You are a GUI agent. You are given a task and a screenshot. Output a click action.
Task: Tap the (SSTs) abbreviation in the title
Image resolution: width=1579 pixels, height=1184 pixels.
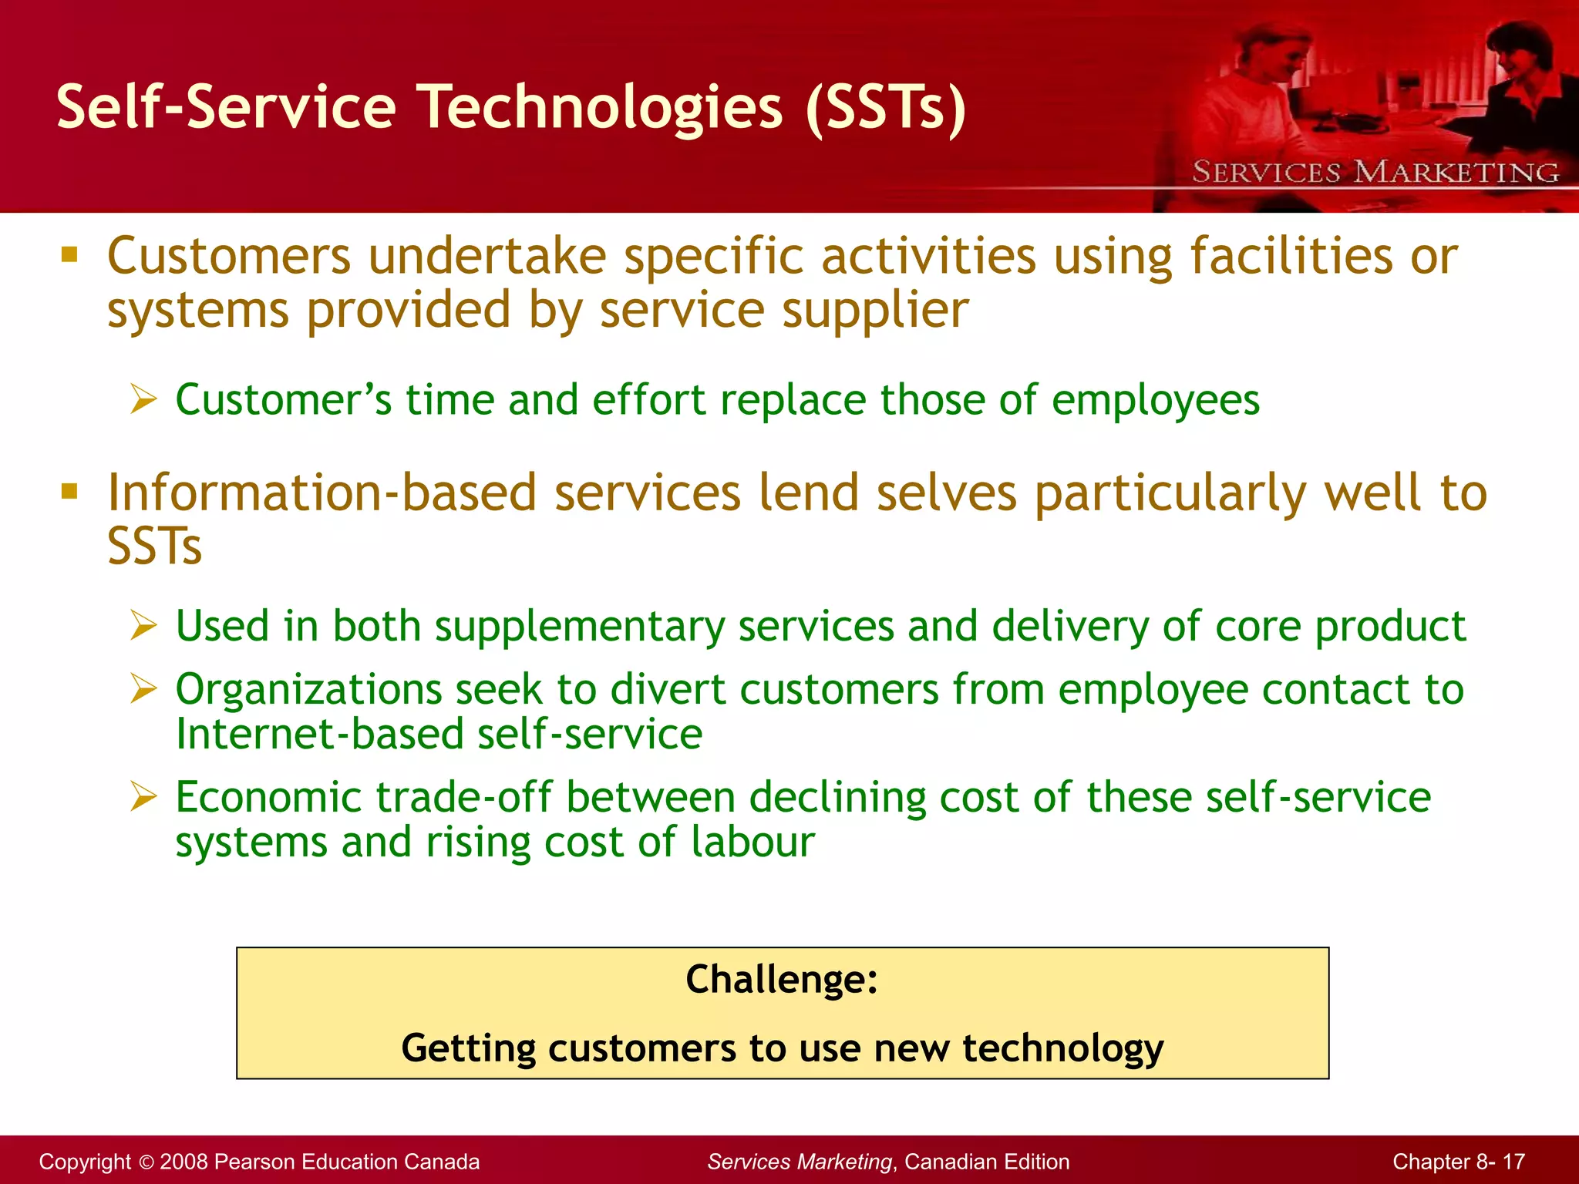point(885,108)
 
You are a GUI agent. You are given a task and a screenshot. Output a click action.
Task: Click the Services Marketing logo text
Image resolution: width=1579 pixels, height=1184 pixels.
point(1375,172)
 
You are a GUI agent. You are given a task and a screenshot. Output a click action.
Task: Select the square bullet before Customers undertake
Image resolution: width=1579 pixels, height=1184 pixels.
point(69,255)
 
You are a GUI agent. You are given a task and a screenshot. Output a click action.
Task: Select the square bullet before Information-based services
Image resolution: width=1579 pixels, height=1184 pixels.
point(69,492)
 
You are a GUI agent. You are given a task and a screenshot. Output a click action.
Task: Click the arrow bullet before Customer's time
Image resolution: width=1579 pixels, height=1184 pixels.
point(143,399)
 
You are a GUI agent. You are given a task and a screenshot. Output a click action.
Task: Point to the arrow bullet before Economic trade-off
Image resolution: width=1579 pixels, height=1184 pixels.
point(143,796)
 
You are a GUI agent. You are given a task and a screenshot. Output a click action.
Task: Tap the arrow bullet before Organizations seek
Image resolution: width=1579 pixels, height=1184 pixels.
point(143,688)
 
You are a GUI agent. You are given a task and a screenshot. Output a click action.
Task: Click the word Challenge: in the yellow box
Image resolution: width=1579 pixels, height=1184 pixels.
point(782,980)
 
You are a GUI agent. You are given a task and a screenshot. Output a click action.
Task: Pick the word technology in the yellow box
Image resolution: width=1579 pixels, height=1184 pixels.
point(1062,1049)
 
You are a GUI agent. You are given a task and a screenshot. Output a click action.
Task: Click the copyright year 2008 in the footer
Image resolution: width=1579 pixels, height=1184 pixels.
point(183,1162)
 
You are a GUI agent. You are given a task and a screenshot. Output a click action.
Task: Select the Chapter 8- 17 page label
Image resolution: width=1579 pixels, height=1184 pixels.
point(1458,1162)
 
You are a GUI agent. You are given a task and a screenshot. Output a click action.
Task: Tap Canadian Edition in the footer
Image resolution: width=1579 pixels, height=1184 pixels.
point(987,1162)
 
